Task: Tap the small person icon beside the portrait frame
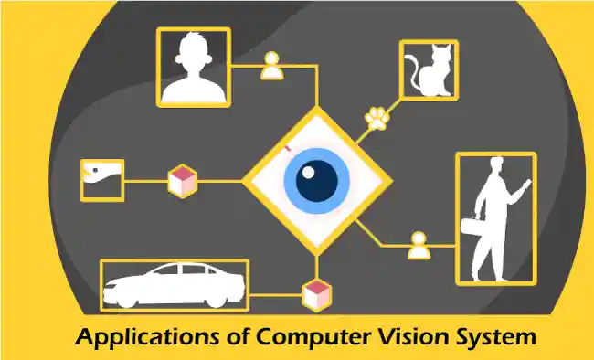point(271,64)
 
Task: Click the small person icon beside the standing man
point(418,245)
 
